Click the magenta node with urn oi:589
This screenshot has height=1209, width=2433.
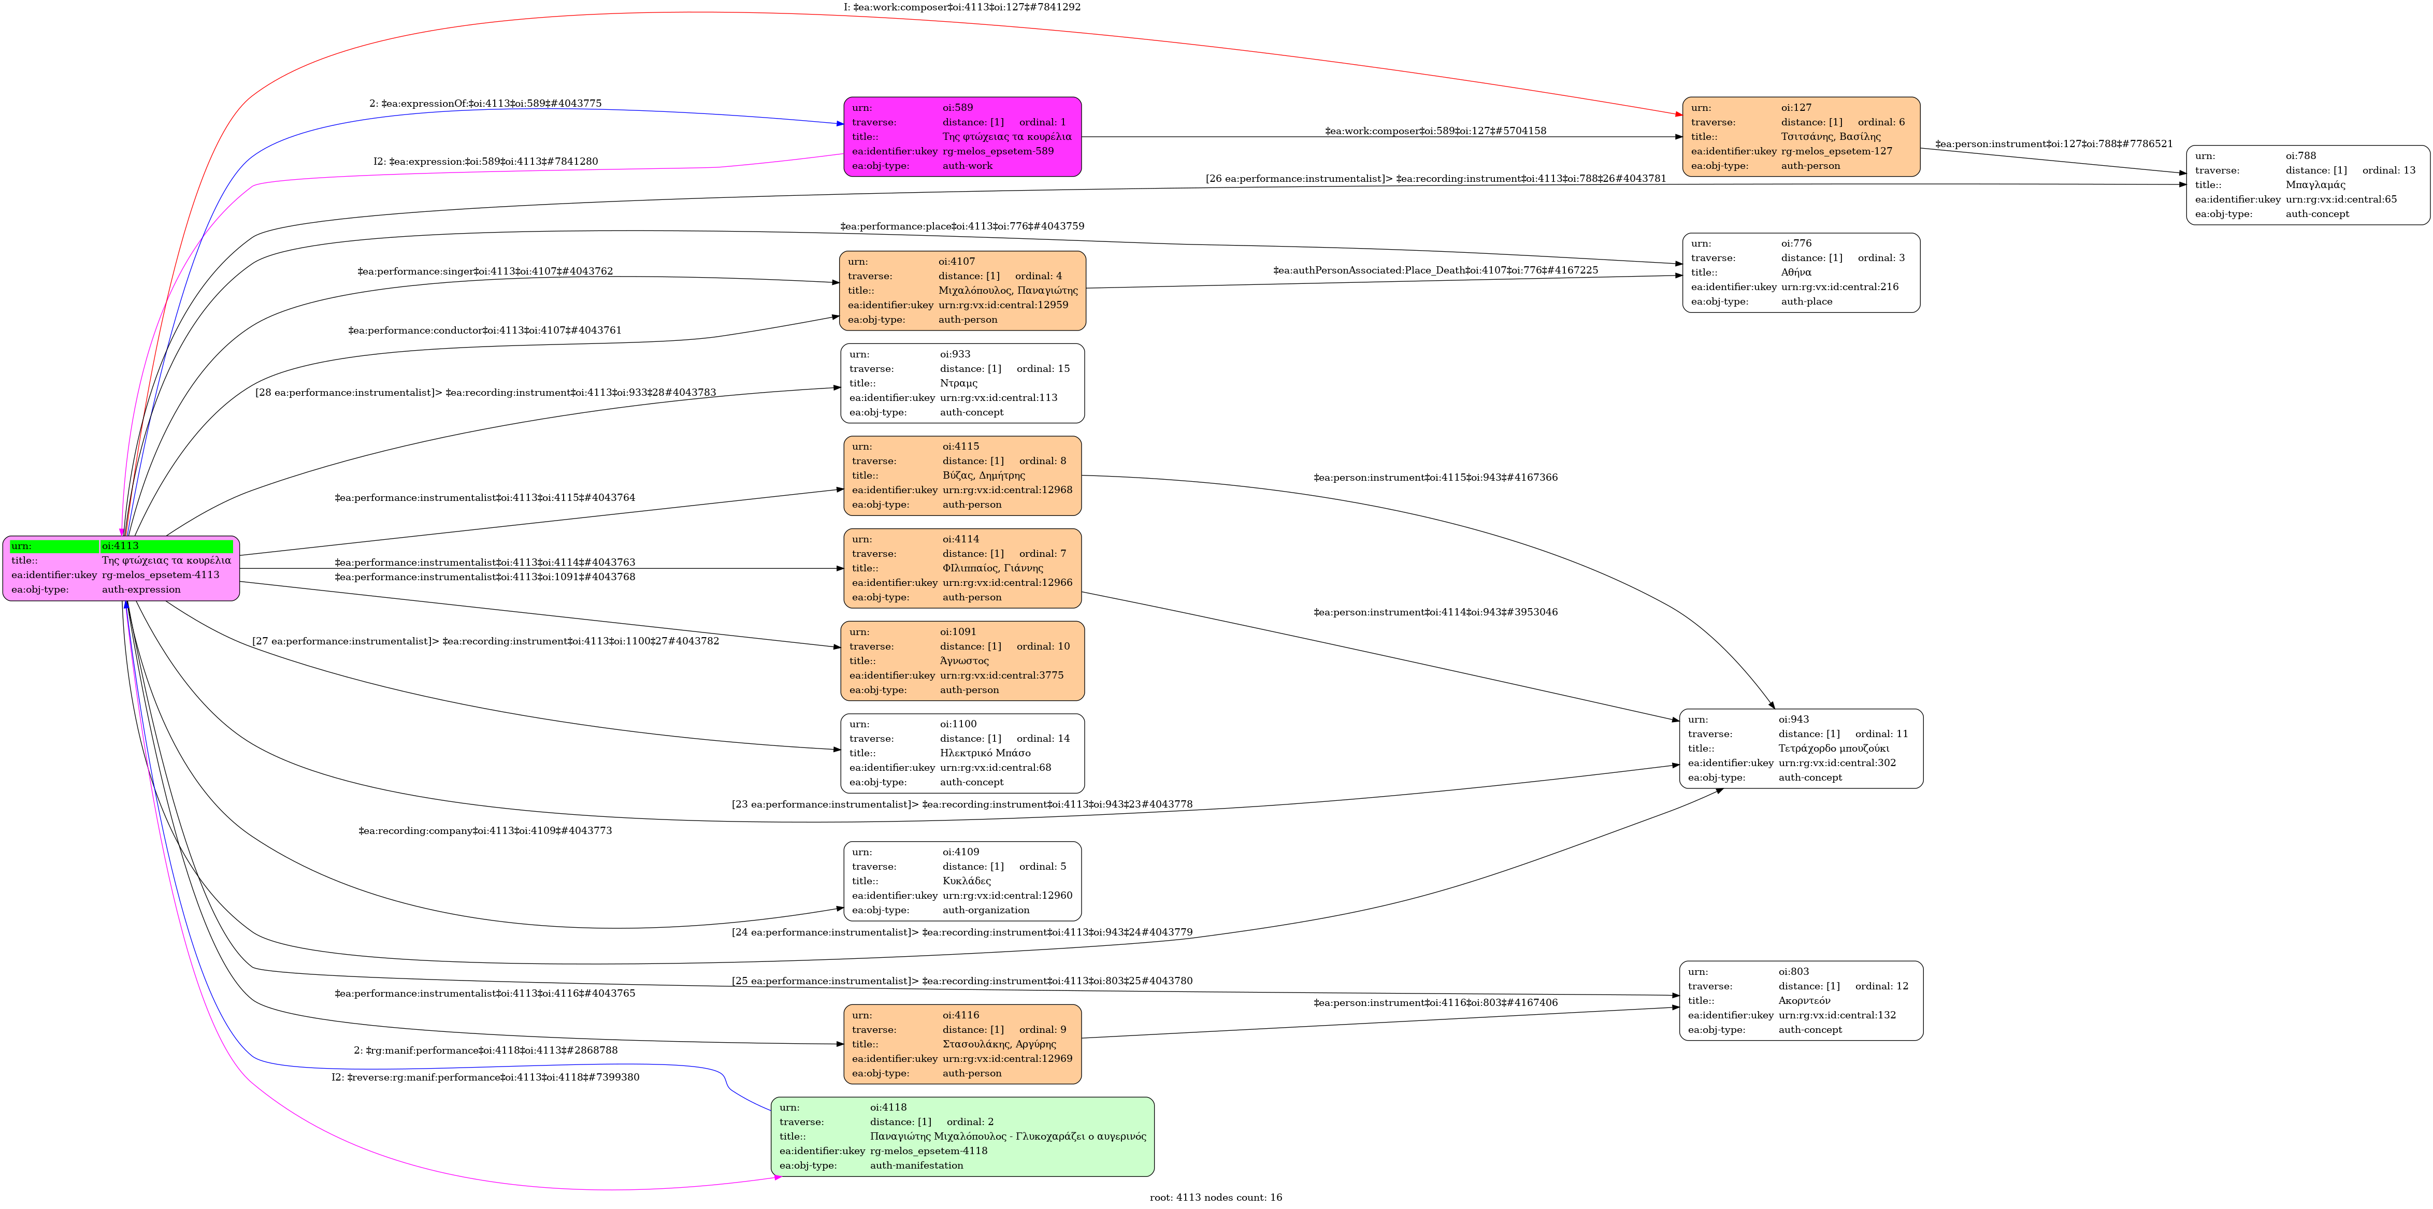[x=961, y=137]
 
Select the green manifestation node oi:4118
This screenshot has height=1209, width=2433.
[x=961, y=1136]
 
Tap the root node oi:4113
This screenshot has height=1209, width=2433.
[x=121, y=568]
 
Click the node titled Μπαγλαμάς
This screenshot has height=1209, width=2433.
[x=2307, y=185]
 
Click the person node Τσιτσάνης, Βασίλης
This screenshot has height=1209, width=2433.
[x=1800, y=137]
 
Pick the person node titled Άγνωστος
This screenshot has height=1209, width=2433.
[x=961, y=661]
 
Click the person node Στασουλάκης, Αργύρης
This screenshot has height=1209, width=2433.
[x=961, y=1044]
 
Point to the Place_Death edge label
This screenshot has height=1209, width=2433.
[x=1435, y=271]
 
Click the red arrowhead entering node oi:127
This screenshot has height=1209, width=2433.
[x=1677, y=114]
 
